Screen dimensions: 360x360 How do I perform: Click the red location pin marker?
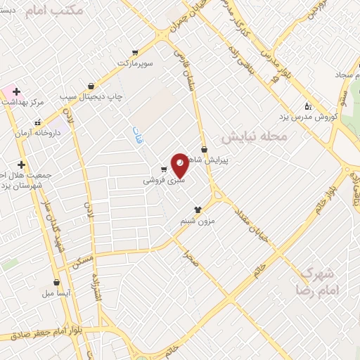180,165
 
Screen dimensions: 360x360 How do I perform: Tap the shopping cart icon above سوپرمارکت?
135,53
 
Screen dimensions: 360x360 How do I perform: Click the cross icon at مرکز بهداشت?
15,91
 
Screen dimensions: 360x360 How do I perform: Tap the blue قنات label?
139,135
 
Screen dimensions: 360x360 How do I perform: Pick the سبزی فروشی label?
164,180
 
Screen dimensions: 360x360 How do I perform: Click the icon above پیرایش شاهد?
205,149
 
